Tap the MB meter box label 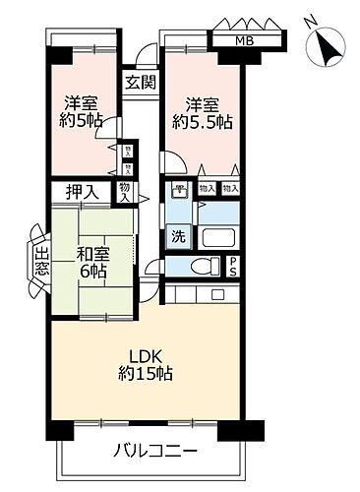coord(242,40)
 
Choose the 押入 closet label coord(82,192)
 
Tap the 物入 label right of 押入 coord(125,192)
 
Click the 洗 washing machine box coord(178,236)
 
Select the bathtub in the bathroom coord(219,239)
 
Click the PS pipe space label coord(233,267)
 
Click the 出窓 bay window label coord(40,263)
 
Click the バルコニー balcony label coord(156,452)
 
